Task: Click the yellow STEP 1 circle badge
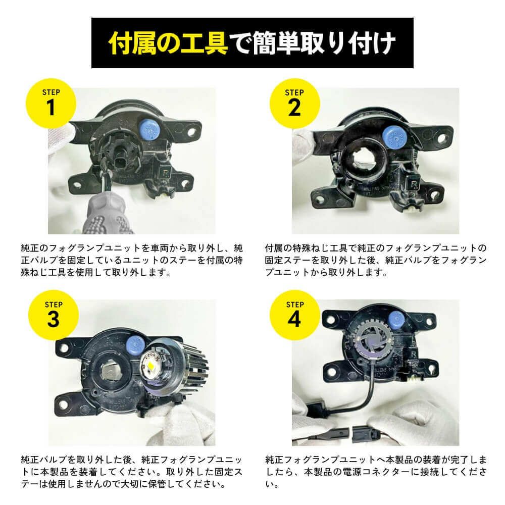51,104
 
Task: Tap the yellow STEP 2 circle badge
294,104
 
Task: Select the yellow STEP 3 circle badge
54,315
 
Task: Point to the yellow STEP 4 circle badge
294,315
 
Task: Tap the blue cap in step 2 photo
394,137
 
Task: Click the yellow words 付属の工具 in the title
169,43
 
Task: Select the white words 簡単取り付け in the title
324,43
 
